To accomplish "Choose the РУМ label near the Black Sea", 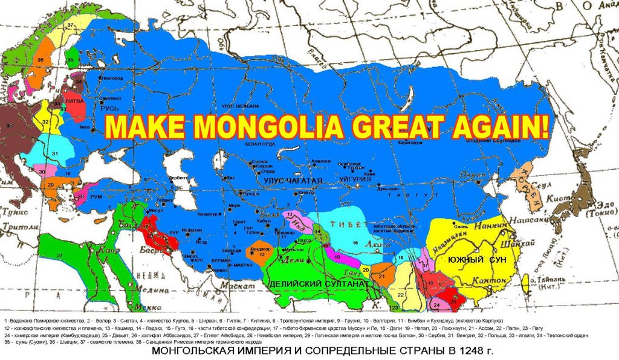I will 96,196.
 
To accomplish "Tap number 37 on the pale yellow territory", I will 70,25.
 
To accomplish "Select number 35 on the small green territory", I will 70,60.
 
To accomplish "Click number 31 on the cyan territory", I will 54,153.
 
